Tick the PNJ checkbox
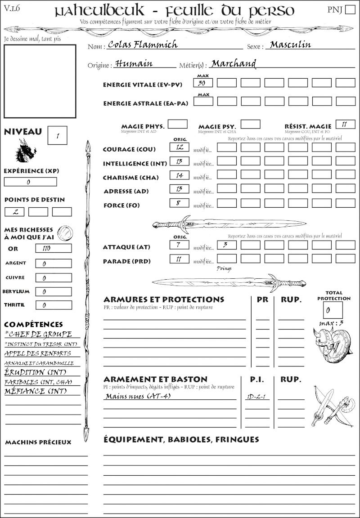tap(350, 10)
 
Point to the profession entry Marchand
tap(234, 64)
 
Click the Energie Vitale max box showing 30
tap(203, 83)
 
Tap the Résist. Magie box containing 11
tap(345, 125)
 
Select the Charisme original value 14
tap(179, 175)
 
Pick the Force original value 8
tap(179, 203)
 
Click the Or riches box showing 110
tap(53, 248)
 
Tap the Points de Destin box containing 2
tap(14, 212)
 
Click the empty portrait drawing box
tap(40, 81)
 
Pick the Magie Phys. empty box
tap(178, 124)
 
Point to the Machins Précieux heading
tap(38, 442)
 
